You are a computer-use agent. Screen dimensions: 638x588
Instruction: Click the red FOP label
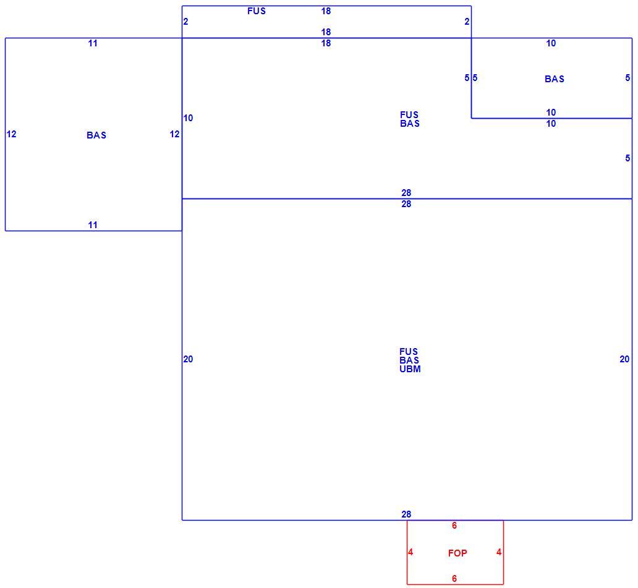[x=457, y=553]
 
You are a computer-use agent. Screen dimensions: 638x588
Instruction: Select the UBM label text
[x=410, y=369]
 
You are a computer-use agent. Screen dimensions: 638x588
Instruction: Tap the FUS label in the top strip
[x=257, y=11]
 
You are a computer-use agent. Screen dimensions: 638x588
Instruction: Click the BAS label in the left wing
[x=96, y=135]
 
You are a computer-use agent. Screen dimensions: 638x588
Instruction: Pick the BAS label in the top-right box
[x=554, y=79]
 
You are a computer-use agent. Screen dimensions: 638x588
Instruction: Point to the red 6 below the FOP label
[x=454, y=578]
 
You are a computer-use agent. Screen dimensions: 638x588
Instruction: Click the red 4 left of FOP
[x=410, y=552]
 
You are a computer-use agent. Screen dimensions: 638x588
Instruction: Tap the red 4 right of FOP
[x=499, y=552]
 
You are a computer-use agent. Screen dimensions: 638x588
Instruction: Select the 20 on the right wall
[x=624, y=359]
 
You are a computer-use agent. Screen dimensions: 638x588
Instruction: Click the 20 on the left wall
[x=188, y=359]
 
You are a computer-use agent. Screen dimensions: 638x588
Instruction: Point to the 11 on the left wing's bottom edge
[x=93, y=224]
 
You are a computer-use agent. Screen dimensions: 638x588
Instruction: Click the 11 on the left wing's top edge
[x=93, y=43]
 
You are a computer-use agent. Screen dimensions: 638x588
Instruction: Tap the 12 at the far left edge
[x=11, y=134]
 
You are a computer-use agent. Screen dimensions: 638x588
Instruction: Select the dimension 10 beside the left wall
[x=188, y=118]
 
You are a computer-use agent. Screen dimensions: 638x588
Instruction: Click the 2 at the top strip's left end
[x=185, y=22]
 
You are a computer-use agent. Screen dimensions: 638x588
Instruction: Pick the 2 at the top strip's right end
[x=467, y=22]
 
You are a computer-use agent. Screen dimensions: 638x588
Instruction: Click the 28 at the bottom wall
[x=406, y=514]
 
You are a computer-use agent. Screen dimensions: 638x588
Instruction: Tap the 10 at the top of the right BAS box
[x=551, y=43]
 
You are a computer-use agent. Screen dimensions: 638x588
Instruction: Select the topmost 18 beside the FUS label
[x=326, y=11]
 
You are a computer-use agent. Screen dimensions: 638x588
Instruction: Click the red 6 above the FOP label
[x=454, y=526]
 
